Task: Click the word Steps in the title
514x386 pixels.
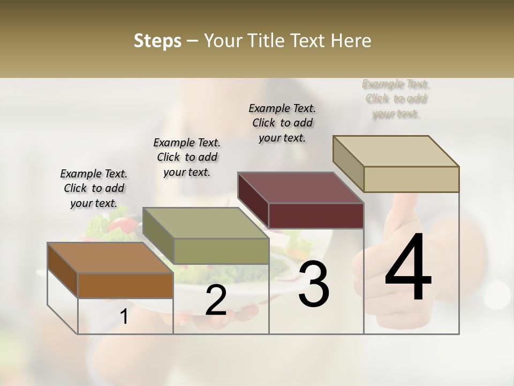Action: (157, 41)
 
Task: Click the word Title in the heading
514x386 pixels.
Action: (267, 41)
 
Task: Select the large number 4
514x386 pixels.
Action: (408, 268)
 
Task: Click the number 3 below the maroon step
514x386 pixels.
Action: (314, 285)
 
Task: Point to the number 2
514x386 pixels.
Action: (216, 300)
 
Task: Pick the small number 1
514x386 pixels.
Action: (124, 317)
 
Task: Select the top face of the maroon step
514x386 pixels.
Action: (300, 188)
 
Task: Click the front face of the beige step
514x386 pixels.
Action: (411, 179)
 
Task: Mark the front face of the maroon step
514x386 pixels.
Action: (316, 216)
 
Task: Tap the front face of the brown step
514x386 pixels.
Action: (125, 285)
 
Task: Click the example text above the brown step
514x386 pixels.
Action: (94, 188)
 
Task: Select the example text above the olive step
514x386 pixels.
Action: (187, 157)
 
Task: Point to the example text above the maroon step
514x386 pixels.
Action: (282, 123)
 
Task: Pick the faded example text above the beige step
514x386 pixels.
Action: (396, 99)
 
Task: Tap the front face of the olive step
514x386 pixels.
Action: (221, 251)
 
